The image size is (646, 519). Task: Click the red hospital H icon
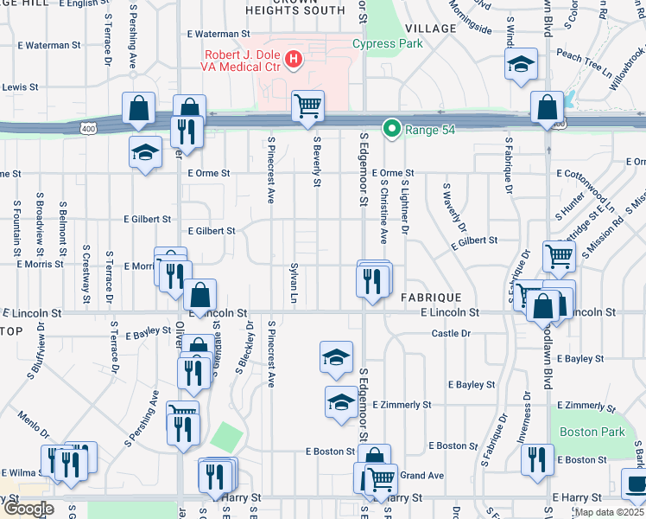[294, 59]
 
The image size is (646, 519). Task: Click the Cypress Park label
[388, 44]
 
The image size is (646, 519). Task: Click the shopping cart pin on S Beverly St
[307, 107]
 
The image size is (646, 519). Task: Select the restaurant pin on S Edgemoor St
[373, 281]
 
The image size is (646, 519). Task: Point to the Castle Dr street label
[450, 333]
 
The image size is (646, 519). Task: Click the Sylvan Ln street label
[294, 280]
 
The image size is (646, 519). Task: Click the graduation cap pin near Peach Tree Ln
[522, 67]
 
